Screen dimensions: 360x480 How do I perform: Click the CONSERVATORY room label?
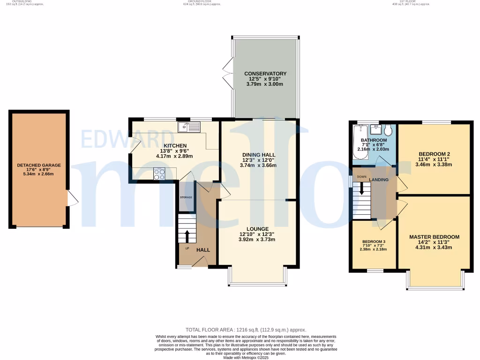coord(265,74)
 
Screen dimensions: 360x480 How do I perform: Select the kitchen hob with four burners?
coord(159,174)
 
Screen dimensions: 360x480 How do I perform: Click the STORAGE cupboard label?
coord(186,197)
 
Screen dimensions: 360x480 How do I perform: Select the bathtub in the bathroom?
coord(359,144)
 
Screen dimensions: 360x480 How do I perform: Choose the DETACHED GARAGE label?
coord(38,165)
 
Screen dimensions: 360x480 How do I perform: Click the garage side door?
coord(72,199)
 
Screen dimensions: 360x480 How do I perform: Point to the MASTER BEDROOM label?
coord(434,237)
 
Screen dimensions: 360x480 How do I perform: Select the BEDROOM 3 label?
coord(374,242)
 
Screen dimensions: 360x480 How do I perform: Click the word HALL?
coord(203,250)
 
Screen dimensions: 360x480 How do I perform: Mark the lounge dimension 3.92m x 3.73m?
coord(256,240)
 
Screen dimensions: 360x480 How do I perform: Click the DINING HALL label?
coord(258,155)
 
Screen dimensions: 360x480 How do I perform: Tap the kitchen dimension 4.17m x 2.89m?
coord(174,156)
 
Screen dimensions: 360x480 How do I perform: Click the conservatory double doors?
coord(228,73)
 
